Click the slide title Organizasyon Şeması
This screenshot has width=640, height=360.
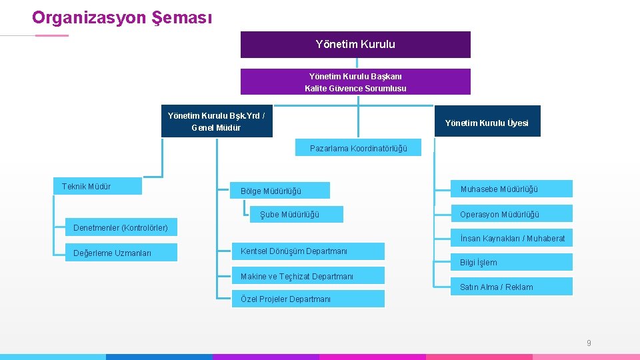[x=122, y=17]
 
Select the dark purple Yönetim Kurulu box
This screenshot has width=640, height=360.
[x=355, y=45]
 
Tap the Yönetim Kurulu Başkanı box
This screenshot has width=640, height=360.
[x=355, y=82]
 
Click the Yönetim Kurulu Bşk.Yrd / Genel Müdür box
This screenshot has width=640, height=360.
[x=217, y=121]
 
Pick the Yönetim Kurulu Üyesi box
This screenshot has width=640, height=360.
[x=487, y=122]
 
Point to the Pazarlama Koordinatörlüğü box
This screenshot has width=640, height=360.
[x=358, y=148]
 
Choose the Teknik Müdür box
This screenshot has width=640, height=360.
[x=97, y=187]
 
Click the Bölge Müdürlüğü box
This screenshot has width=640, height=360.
[x=279, y=191]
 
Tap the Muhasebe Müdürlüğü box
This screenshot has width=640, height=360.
[x=511, y=189]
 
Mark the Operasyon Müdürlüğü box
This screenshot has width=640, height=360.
[x=511, y=214]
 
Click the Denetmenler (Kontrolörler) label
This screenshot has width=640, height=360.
[x=121, y=228]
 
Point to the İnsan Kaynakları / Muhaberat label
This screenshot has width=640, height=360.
[x=512, y=238]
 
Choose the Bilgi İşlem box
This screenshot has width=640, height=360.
[x=511, y=263]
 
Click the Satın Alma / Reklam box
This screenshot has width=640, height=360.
[x=511, y=287]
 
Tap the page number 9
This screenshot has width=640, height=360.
[x=589, y=343]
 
